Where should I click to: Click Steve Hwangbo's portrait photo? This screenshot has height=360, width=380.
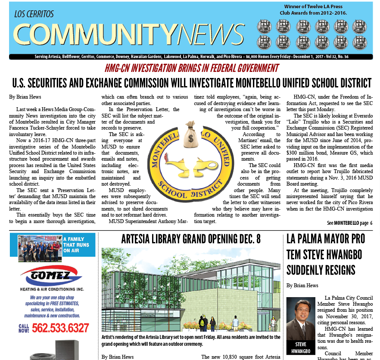300,319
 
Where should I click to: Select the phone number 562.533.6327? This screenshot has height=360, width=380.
60,328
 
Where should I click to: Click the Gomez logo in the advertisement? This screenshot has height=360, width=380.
51,275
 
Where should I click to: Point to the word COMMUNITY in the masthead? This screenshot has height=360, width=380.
94,34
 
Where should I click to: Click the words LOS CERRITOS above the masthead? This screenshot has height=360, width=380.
34,14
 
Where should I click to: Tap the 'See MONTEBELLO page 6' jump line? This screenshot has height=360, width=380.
349,223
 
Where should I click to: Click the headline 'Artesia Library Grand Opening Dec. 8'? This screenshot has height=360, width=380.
190,239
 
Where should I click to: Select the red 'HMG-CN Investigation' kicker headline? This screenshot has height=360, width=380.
191,68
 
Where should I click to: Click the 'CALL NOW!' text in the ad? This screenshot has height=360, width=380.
24,328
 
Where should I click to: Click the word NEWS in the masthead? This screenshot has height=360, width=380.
211,34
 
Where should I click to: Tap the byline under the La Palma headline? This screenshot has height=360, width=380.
302,286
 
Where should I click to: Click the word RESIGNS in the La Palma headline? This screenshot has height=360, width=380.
321,270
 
